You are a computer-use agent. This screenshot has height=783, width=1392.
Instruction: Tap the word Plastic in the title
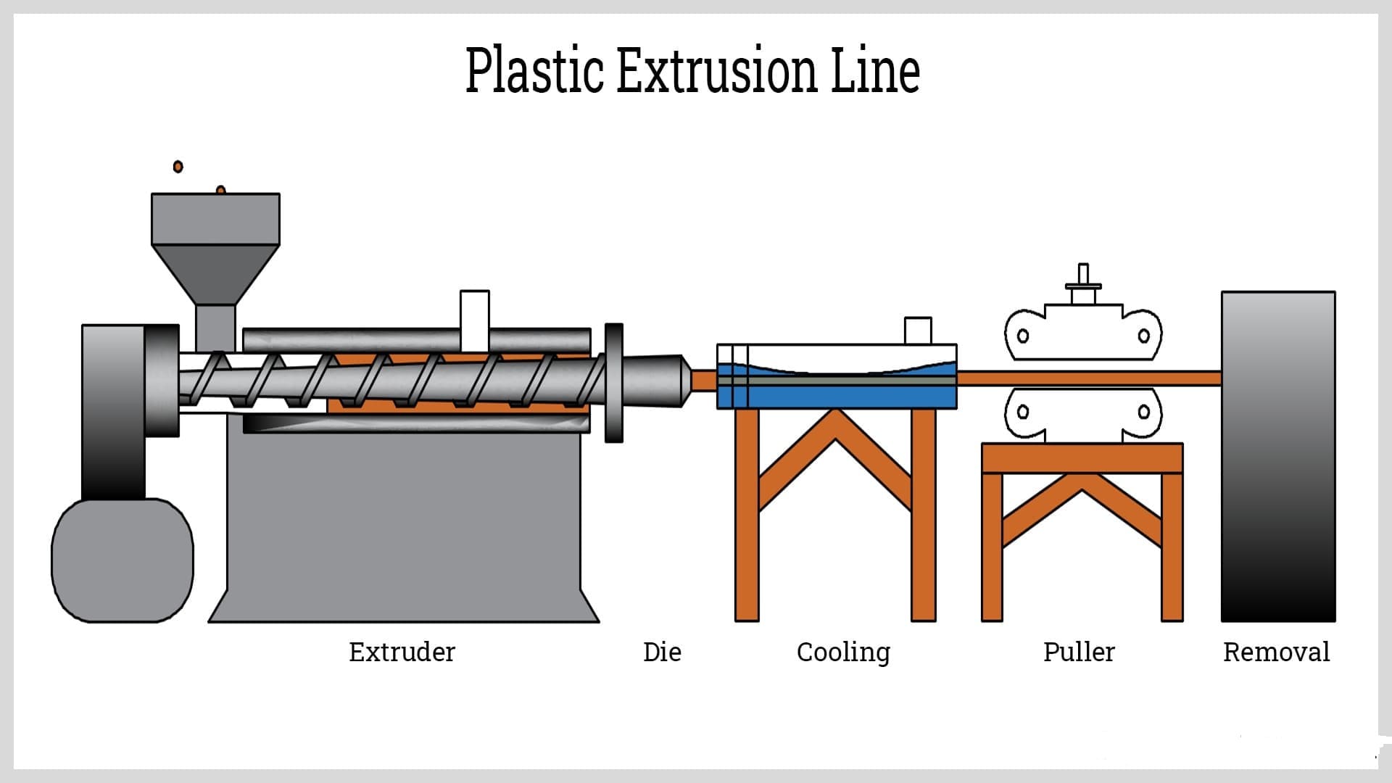click(534, 70)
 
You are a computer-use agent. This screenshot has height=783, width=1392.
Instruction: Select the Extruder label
click(402, 652)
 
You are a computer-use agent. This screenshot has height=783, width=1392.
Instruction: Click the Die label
click(662, 652)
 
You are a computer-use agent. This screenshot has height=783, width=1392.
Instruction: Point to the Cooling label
click(843, 652)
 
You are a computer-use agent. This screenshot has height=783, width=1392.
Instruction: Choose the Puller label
click(1079, 652)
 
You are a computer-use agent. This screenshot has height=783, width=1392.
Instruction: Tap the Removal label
click(1276, 652)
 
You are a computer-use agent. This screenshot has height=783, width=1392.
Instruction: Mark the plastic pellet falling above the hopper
click(178, 167)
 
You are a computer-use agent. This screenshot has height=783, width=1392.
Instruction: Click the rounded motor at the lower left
click(123, 560)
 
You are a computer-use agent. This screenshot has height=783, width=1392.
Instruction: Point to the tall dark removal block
click(1278, 457)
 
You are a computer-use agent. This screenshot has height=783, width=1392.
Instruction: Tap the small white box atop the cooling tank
click(918, 331)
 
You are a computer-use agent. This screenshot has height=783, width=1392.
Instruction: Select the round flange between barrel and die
click(613, 383)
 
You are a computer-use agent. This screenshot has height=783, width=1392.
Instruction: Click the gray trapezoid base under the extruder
click(403, 529)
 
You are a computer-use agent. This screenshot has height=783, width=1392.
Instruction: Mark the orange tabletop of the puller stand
click(1082, 458)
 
